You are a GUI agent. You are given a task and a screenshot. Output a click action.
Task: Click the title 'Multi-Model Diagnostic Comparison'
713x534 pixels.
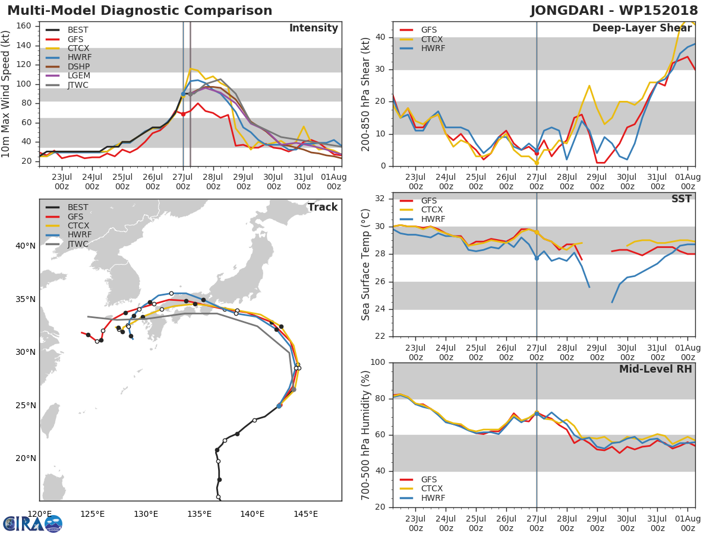click(x=140, y=11)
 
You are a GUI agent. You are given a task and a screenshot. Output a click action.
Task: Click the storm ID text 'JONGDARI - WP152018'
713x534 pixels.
click(x=614, y=11)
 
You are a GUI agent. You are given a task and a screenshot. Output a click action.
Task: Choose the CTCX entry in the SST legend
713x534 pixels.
click(x=432, y=210)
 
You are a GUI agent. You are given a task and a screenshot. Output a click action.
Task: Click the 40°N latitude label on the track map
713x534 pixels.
click(x=24, y=246)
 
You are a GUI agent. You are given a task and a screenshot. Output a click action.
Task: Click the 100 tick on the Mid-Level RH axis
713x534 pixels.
click(x=378, y=363)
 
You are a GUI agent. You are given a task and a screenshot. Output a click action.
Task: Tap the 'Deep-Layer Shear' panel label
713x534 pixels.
click(x=642, y=28)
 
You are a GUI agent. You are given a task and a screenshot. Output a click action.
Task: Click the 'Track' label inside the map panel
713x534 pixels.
click(x=322, y=207)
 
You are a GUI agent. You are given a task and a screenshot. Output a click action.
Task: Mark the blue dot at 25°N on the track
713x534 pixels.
click(x=279, y=406)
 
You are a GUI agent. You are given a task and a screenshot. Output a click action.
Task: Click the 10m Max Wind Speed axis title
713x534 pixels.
click(x=7, y=94)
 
